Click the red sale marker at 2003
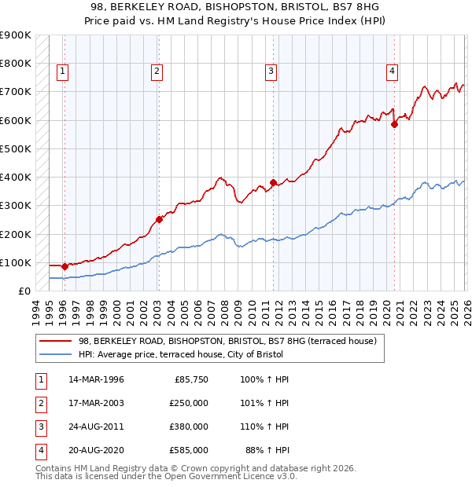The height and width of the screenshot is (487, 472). pos(158,220)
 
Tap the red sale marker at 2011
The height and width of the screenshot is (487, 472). pos(273,183)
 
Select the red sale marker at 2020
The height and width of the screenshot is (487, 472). pos(394,124)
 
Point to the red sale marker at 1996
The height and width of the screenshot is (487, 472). pos(65,266)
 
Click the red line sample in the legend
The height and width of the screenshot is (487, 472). pos(55,341)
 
